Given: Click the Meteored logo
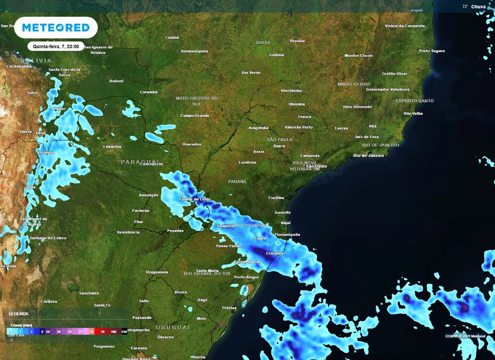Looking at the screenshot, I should coord(56,28).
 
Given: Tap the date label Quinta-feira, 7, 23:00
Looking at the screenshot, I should coord(56,46).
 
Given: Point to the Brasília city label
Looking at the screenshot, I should coord(297,41).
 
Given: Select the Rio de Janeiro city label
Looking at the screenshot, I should coord(368,155).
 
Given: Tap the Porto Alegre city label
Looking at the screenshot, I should coord(246,277).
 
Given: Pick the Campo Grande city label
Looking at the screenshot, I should coord(194,115).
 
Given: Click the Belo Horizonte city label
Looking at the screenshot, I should coord(357,106).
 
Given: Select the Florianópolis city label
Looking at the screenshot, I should coord(289,234).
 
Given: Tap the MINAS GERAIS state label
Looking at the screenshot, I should coord(354,84).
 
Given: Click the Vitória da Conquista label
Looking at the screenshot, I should coord(404,26).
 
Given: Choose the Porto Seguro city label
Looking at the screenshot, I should coord(432,51).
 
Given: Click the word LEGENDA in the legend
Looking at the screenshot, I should coord(18,314).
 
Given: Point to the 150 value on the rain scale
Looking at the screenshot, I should coord(124,332).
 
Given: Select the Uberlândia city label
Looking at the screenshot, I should coord(291,90).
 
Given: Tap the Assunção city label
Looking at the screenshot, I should coord(148,195).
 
